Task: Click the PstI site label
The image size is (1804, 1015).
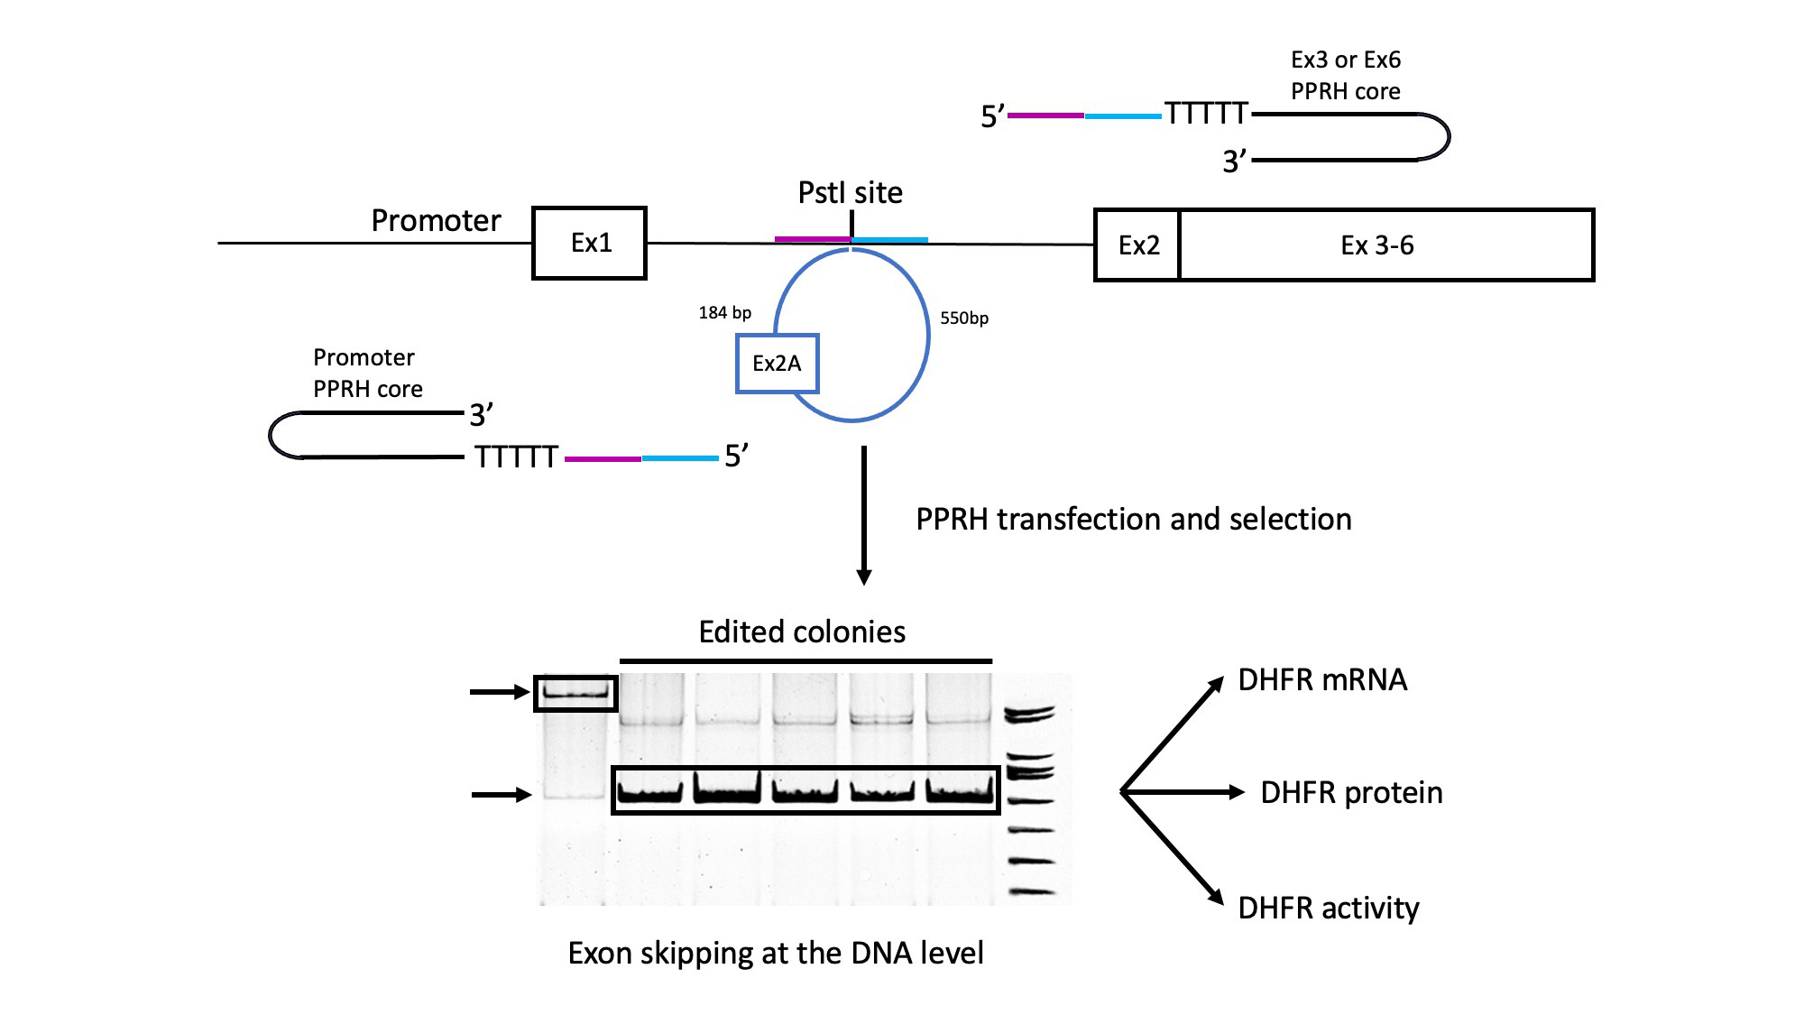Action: point(850,193)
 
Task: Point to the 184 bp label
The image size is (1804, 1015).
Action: point(724,313)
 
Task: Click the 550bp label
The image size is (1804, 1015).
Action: point(964,318)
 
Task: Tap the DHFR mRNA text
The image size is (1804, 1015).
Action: point(1322,680)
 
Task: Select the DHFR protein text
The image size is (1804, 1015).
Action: point(1351,793)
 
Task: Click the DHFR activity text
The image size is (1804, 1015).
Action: point(1329,909)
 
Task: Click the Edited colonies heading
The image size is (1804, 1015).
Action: point(802,632)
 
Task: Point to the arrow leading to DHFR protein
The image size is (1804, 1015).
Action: point(1183,792)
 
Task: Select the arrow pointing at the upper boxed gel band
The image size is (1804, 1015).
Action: point(500,692)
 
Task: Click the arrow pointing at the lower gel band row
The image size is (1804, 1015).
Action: point(502,795)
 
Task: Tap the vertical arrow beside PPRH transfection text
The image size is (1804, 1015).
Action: point(864,515)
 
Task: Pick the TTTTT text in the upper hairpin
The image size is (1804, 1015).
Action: point(1206,114)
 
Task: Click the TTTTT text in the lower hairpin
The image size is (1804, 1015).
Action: point(517,457)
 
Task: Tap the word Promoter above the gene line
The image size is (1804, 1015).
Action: point(436,221)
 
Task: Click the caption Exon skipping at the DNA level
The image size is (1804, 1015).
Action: point(776,954)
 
